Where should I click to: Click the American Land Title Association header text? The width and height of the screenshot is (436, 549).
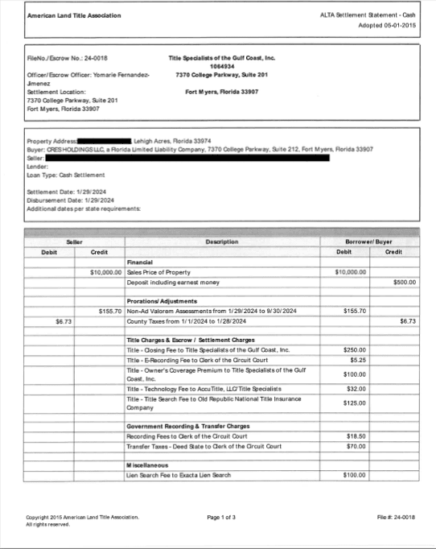64,16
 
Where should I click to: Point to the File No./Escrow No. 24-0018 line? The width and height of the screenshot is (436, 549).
68,58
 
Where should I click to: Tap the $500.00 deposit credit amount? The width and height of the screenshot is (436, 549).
403,283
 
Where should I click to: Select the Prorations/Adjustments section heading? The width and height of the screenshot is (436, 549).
161,300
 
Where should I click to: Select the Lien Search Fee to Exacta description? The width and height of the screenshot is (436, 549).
179,475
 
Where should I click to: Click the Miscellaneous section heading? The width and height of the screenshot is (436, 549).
147,465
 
